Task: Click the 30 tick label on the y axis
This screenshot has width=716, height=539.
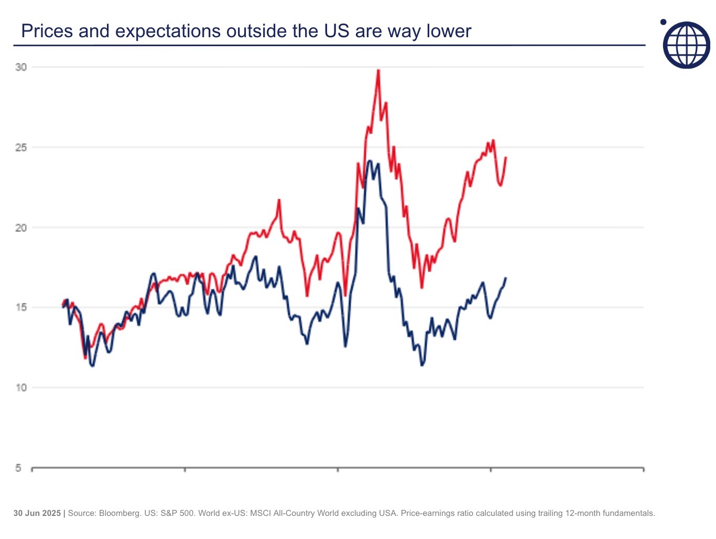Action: [x=21, y=67]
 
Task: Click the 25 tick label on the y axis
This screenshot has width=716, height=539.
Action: [x=21, y=147]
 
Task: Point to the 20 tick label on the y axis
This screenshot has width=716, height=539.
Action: [x=21, y=228]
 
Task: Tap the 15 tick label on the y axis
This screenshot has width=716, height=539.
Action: [x=21, y=308]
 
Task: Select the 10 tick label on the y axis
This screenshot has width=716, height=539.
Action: [x=21, y=388]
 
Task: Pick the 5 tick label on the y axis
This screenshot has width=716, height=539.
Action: [x=18, y=468]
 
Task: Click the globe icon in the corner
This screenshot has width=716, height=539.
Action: [x=687, y=45]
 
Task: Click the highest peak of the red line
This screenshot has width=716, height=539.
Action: [x=378, y=70]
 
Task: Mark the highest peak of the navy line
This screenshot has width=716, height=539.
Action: [x=370, y=161]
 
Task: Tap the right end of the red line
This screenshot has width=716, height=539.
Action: [x=506, y=157]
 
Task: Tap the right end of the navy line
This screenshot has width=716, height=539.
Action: [x=506, y=278]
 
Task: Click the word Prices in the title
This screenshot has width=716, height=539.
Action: [x=47, y=31]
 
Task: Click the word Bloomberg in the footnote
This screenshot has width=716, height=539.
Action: [x=119, y=513]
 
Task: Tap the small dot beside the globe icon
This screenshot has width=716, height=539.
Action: [x=663, y=22]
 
